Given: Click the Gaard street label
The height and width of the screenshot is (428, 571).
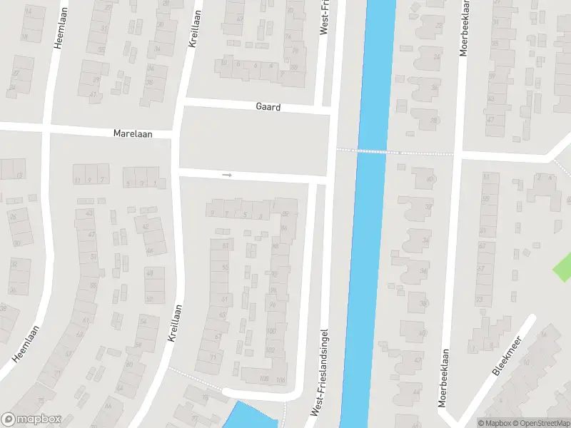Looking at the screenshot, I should pos(268,107).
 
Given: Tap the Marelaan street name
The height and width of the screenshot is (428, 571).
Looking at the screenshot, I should pos(129,133).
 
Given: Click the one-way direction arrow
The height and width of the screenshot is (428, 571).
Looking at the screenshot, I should pos(228,174).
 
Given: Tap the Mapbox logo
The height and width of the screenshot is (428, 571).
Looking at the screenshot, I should pos(31,419).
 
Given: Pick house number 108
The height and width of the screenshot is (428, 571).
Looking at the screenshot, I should pos(265,378).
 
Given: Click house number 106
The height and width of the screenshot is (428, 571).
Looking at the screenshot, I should pos(281,379).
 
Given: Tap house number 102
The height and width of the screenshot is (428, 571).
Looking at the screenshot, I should pos(271,350).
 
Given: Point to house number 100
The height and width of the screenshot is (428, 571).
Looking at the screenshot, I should pos(271,332).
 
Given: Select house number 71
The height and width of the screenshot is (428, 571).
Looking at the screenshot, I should pos(213,357).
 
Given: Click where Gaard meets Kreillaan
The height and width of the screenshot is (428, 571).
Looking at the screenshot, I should pos(182,103).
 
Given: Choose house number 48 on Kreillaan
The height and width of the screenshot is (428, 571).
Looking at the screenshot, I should pos(150,272).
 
